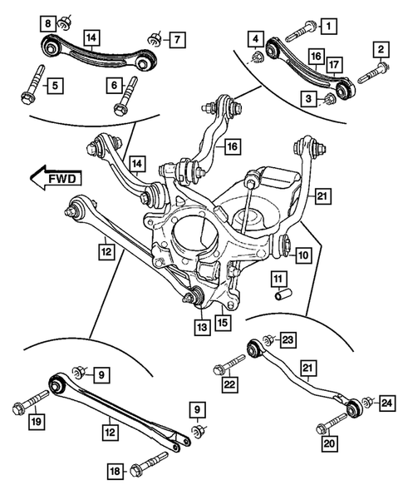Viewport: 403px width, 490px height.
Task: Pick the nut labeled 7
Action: coord(152,39)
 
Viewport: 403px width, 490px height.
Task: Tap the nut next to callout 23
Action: coord(268,340)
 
